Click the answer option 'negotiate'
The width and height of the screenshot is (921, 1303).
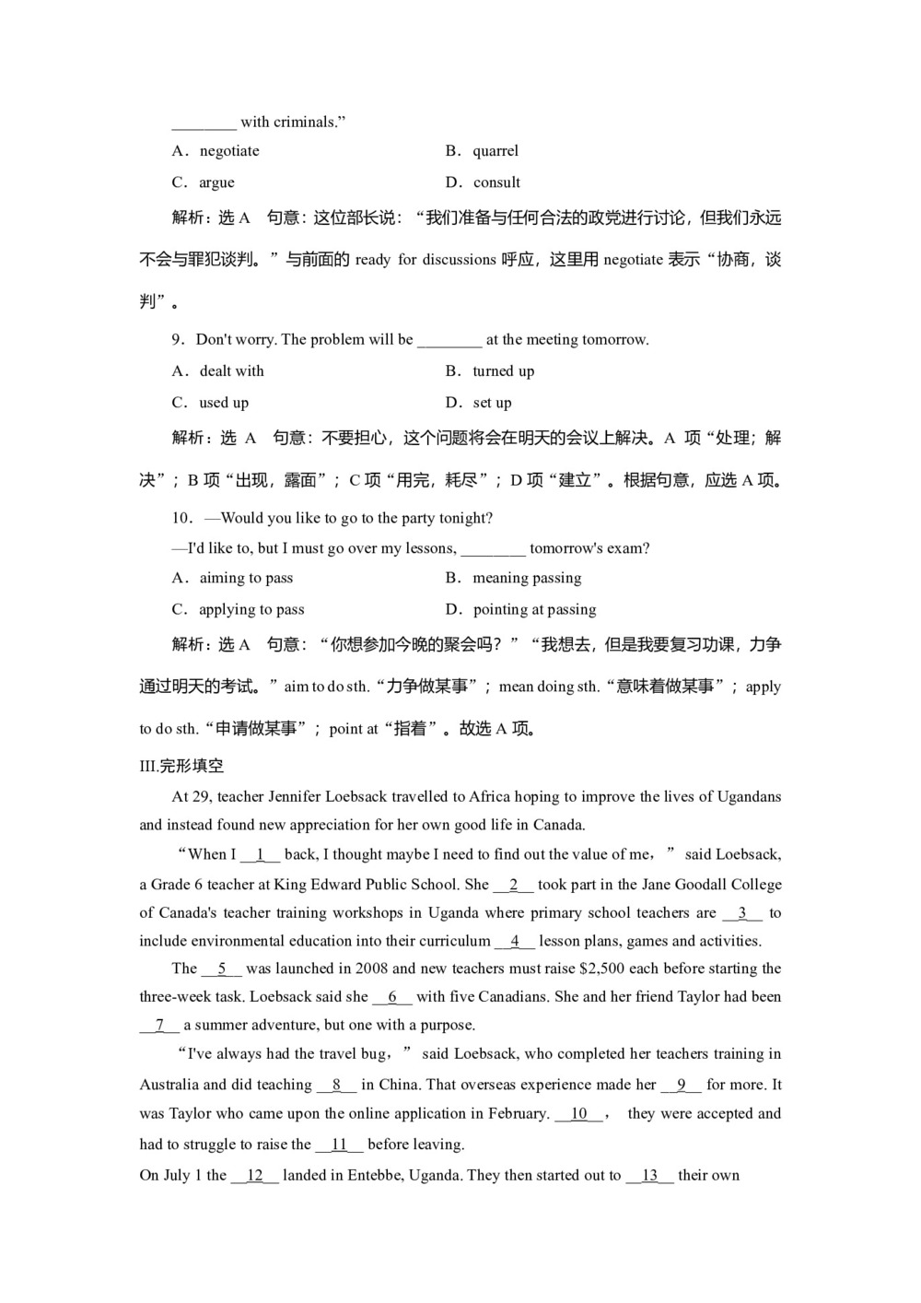(x=229, y=151)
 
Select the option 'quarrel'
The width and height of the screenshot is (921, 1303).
(x=495, y=151)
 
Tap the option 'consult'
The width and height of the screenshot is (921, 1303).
(x=496, y=182)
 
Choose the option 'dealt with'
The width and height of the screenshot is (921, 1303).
(x=231, y=371)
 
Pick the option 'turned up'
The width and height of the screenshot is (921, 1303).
(x=503, y=371)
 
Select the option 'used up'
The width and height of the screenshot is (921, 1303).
(x=224, y=403)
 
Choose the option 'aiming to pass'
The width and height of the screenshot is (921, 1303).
(x=246, y=579)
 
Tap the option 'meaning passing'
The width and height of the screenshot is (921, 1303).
(x=527, y=579)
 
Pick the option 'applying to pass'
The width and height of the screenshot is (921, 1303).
(x=251, y=610)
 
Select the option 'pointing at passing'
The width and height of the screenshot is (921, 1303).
(x=534, y=610)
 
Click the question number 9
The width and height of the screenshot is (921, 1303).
(x=178, y=340)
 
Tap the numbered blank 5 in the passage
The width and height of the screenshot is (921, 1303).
(x=222, y=969)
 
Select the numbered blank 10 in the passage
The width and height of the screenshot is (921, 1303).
(x=579, y=1114)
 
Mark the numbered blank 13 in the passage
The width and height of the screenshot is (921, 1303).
(x=650, y=1176)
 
